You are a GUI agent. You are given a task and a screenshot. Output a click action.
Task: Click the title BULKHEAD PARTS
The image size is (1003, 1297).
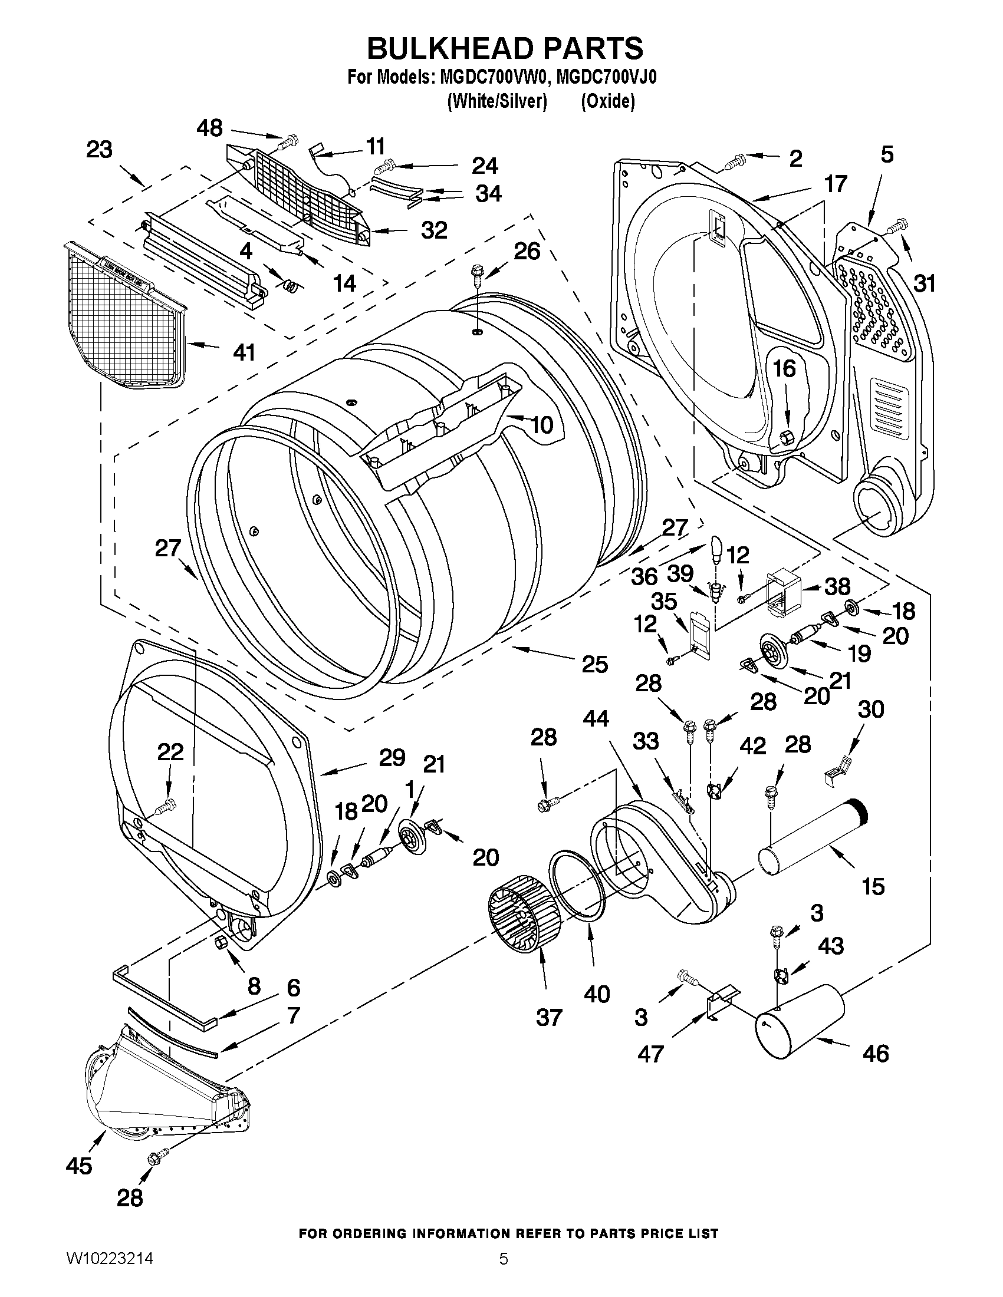[505, 49]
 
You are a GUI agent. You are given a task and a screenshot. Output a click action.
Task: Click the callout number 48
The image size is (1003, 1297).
[210, 128]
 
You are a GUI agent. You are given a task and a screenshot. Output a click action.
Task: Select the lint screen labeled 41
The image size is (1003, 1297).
[122, 315]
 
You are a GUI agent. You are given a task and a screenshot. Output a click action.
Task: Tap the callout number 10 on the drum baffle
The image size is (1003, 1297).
[541, 425]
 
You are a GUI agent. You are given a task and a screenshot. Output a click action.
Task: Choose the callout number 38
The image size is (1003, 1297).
[838, 586]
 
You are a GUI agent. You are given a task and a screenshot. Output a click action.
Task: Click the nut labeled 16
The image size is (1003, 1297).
[784, 438]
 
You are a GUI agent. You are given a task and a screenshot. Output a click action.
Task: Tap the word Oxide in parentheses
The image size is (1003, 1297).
[607, 101]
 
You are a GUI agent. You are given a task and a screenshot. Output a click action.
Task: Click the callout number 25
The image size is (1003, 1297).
[595, 664]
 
